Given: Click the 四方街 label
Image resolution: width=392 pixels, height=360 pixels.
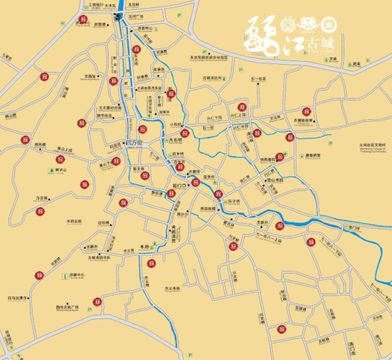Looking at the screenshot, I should pos(135,142).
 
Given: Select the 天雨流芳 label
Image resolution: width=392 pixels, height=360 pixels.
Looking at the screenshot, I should pos(173,233).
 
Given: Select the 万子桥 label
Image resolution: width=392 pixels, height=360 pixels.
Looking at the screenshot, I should pos(232,200).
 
